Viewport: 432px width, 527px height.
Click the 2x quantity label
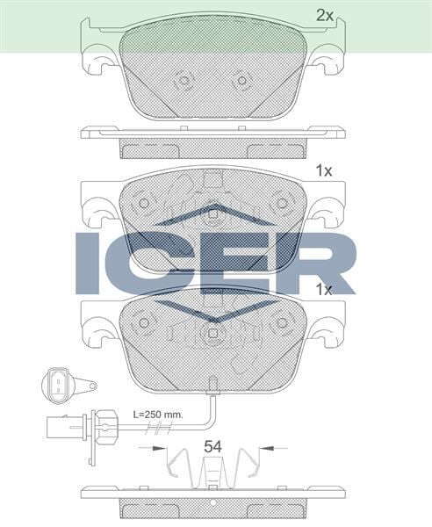pos(325,15)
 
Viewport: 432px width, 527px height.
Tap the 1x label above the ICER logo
pos(323,172)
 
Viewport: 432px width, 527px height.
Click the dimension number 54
pos(212,446)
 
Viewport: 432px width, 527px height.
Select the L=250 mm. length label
pos(157,412)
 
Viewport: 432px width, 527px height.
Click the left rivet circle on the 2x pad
pos(184,81)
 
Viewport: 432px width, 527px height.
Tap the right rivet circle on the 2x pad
pos(240,81)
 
